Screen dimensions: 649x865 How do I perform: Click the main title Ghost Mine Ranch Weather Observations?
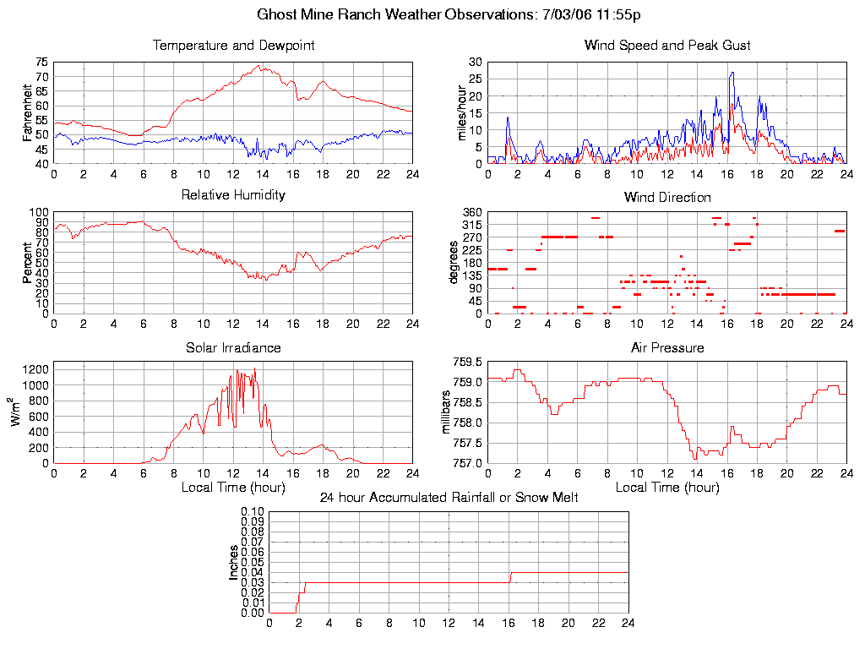click(454, 14)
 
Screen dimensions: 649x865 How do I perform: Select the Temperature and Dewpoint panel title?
click(234, 45)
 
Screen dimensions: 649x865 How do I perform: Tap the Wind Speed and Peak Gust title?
click(667, 45)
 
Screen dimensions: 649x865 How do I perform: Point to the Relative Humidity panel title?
click(234, 195)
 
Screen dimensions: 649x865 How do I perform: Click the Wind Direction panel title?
click(667, 197)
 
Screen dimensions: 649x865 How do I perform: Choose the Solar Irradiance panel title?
click(234, 347)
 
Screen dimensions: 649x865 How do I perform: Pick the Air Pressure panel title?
click(667, 347)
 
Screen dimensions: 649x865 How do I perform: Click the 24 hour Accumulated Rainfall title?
click(449, 498)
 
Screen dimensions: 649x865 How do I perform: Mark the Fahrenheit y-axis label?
click(28, 112)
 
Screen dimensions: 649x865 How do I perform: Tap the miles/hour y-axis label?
click(462, 112)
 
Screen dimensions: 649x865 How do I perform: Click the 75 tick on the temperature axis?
click(41, 62)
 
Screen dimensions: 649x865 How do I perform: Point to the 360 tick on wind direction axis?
click(471, 212)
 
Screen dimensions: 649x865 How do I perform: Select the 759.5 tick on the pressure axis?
click(467, 363)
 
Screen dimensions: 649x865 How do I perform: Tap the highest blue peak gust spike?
click(732, 73)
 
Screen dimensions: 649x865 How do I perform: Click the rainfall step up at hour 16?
click(509, 577)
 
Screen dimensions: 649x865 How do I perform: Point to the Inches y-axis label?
click(235, 562)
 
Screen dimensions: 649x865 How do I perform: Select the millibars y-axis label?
click(449, 412)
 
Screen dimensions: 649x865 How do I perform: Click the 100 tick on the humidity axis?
click(38, 212)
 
